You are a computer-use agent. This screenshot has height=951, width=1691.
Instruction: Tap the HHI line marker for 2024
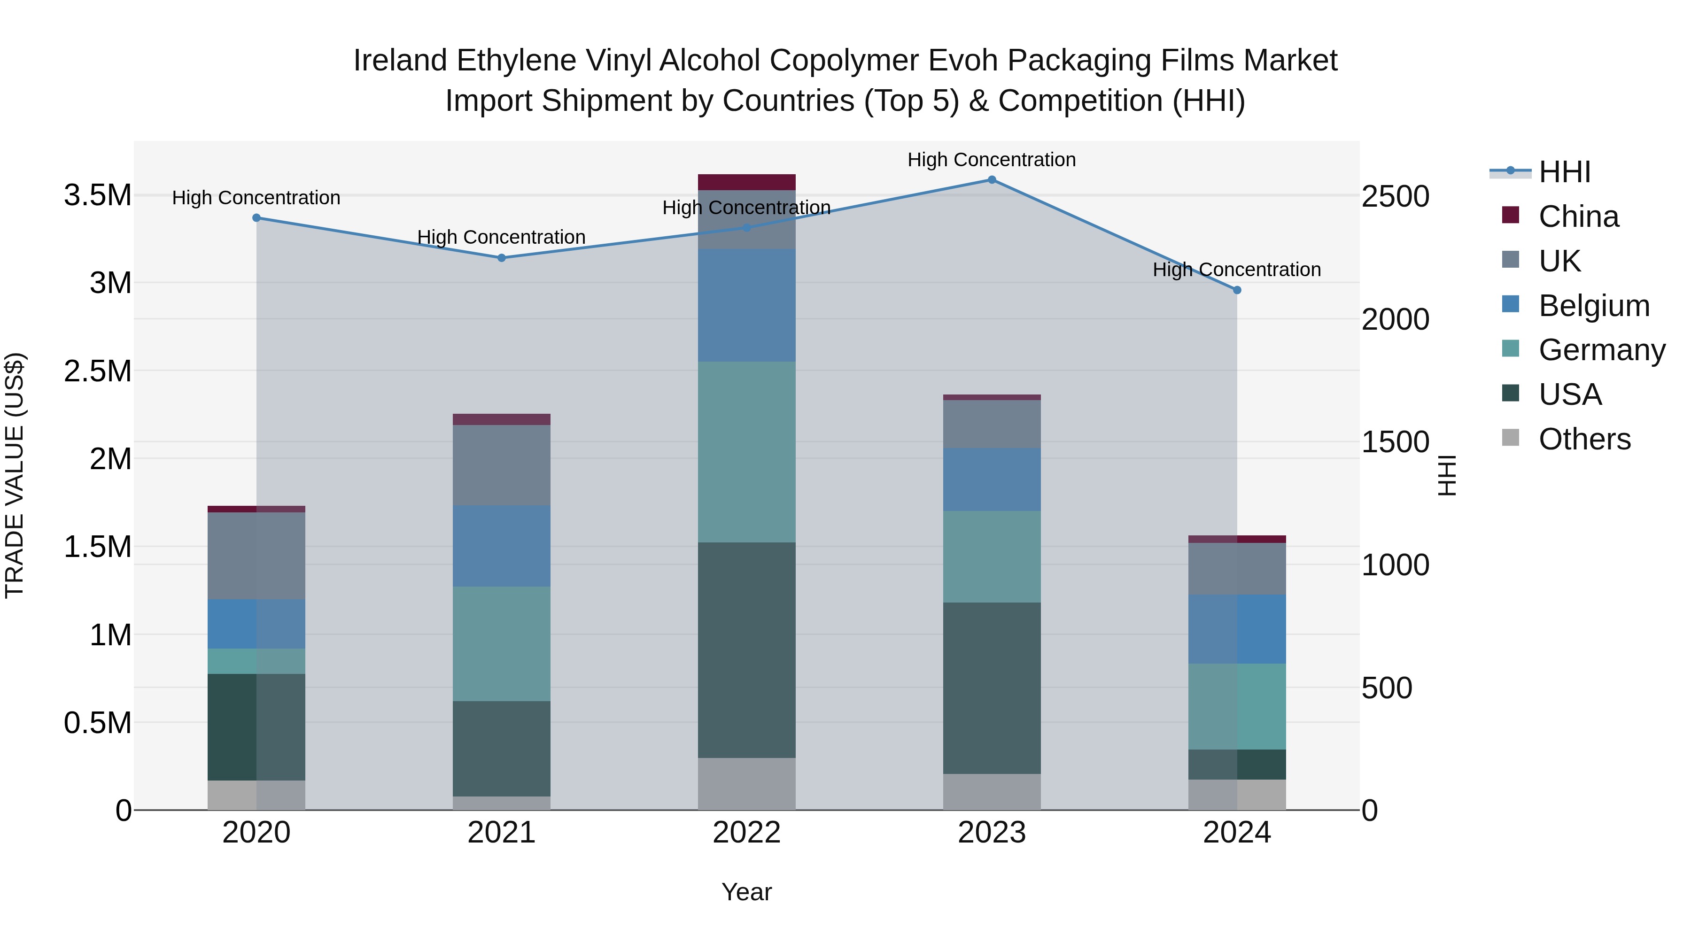[x=1237, y=290]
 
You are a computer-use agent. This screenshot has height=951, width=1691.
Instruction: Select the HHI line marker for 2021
[x=502, y=258]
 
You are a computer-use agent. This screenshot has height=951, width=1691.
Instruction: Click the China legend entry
[x=1578, y=216]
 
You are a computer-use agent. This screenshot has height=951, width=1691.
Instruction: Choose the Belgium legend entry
[x=1593, y=306]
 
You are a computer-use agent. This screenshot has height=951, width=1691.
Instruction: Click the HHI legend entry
[x=1564, y=172]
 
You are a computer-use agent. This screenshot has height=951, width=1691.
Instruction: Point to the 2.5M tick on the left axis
[x=97, y=371]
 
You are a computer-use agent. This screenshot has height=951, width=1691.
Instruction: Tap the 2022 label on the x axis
[x=746, y=833]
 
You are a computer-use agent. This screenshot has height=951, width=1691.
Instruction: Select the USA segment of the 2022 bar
[x=746, y=650]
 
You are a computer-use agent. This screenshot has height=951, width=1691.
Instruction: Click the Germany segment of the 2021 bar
[x=502, y=643]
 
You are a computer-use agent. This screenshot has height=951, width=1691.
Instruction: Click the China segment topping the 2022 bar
[x=746, y=182]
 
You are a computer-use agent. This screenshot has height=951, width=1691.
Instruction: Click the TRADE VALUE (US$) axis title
[x=15, y=475]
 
